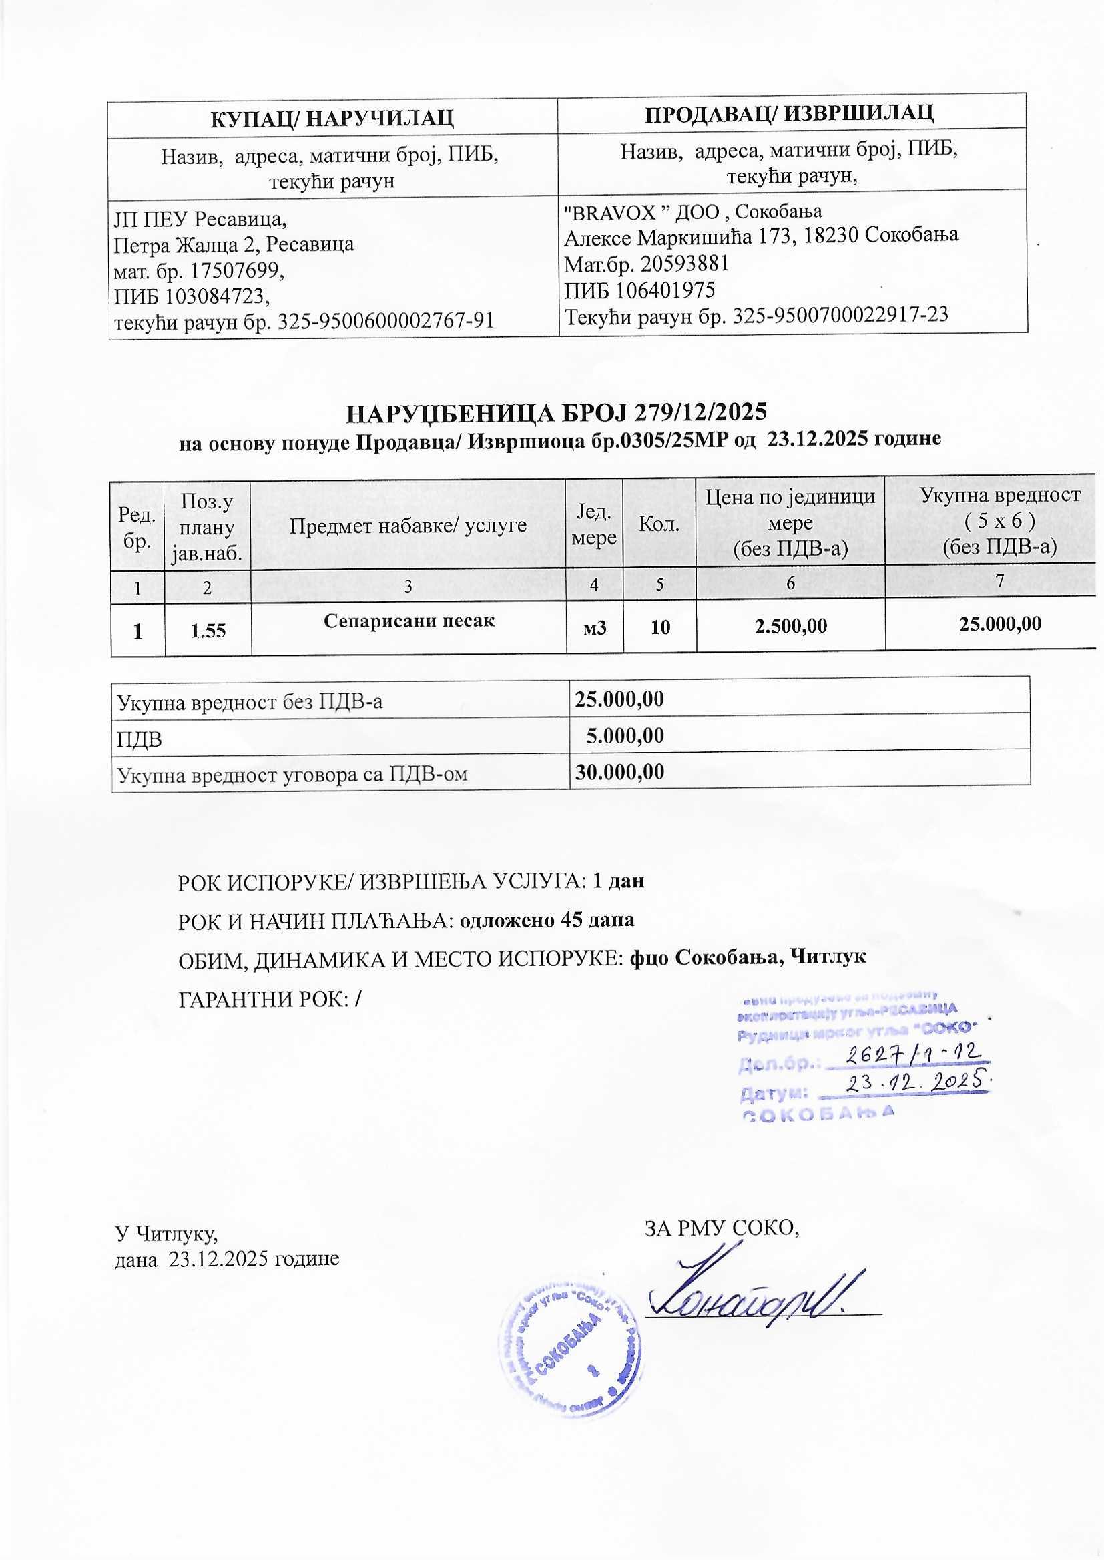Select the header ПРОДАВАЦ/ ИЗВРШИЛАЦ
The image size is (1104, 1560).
pos(788,113)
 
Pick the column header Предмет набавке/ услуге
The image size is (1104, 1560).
pos(408,524)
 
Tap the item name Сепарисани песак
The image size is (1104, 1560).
pos(408,621)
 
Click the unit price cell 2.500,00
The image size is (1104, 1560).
pos(790,626)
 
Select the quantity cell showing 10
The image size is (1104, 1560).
pos(660,627)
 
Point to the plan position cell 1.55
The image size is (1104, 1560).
pos(208,631)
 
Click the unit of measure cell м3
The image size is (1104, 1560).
pos(595,627)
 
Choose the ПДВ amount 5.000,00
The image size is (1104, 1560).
pos(625,735)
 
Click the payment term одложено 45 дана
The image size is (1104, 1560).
pos(547,921)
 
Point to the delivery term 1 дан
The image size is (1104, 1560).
pos(618,881)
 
